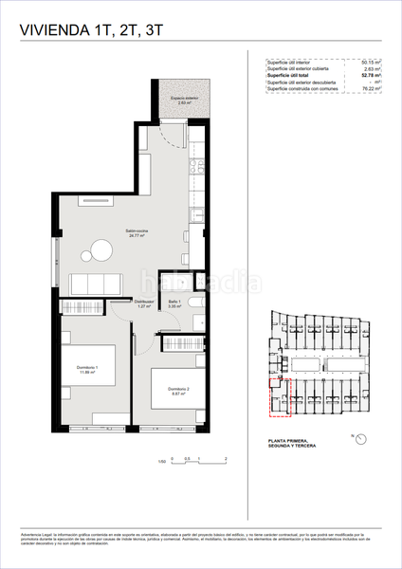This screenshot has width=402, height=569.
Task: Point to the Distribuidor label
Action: click(119, 303)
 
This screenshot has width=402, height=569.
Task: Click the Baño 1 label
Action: click(147, 303)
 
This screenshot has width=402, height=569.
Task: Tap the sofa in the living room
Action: click(96, 282)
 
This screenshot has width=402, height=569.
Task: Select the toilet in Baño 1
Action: click(192, 304)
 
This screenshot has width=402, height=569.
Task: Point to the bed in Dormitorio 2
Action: click(174, 384)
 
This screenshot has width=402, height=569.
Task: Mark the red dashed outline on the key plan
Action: click(278, 395)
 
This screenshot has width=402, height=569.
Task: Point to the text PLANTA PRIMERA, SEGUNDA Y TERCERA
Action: click(295, 444)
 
